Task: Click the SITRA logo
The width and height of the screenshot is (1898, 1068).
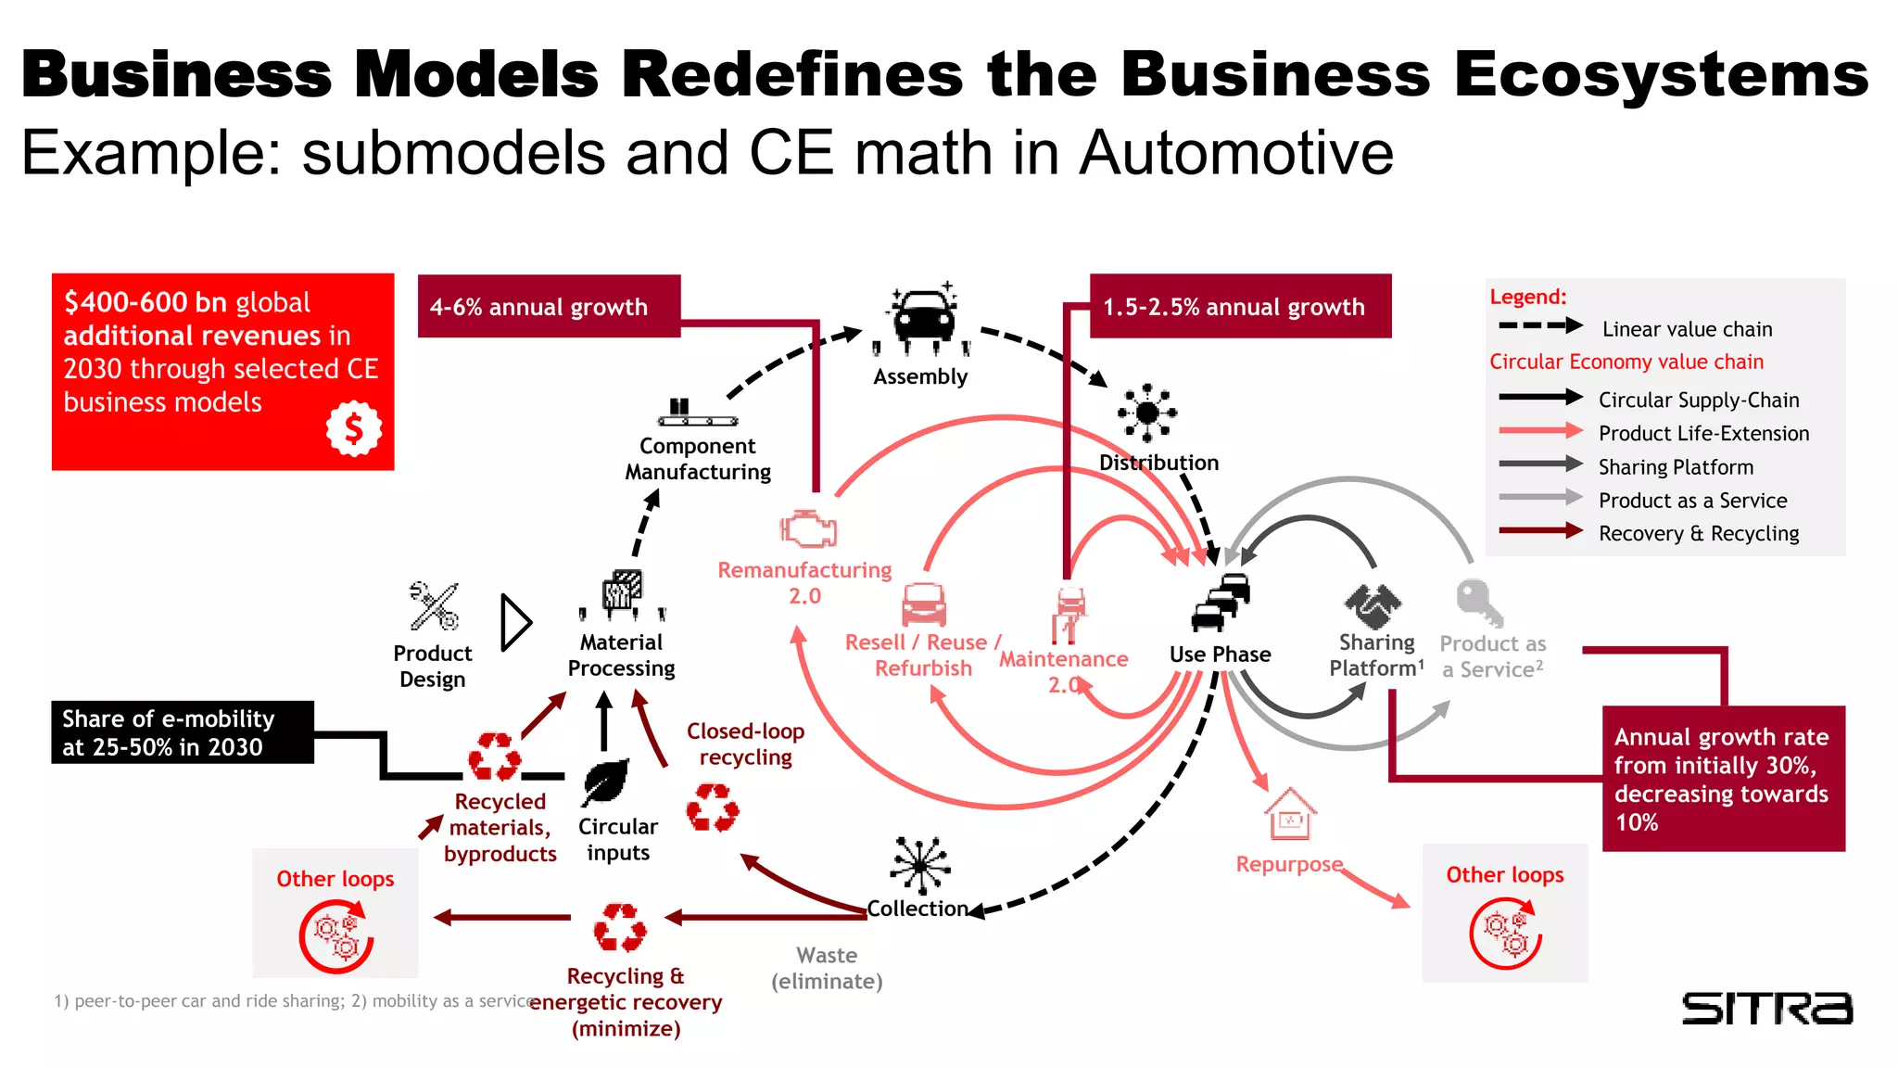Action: (1766, 1008)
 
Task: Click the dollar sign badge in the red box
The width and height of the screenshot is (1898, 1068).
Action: (353, 428)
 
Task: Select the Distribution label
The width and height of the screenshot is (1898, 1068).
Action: (1158, 463)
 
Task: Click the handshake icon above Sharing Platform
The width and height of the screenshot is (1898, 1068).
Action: (1373, 605)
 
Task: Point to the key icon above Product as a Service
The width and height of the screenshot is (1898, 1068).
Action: (1477, 603)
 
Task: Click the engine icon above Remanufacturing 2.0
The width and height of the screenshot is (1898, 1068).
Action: (808, 528)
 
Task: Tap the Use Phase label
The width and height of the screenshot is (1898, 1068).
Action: (1220, 655)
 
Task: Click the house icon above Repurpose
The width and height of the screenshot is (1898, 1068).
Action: (1290, 815)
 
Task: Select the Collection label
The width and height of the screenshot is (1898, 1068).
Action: (917, 909)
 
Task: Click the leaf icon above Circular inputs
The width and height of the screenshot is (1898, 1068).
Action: (606, 781)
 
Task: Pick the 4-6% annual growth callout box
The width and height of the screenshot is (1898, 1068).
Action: (549, 307)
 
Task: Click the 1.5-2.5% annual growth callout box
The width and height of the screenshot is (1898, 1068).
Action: (1240, 307)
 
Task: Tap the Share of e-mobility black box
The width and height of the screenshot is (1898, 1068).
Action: (182, 732)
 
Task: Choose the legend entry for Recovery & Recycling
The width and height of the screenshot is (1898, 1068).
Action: (1698, 534)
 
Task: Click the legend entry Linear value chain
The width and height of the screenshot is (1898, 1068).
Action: (1686, 329)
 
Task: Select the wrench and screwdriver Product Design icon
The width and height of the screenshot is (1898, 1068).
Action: (434, 606)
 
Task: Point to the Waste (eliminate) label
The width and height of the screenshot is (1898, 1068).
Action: (827, 968)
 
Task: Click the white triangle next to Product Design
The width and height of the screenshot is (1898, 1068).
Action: (514, 622)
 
